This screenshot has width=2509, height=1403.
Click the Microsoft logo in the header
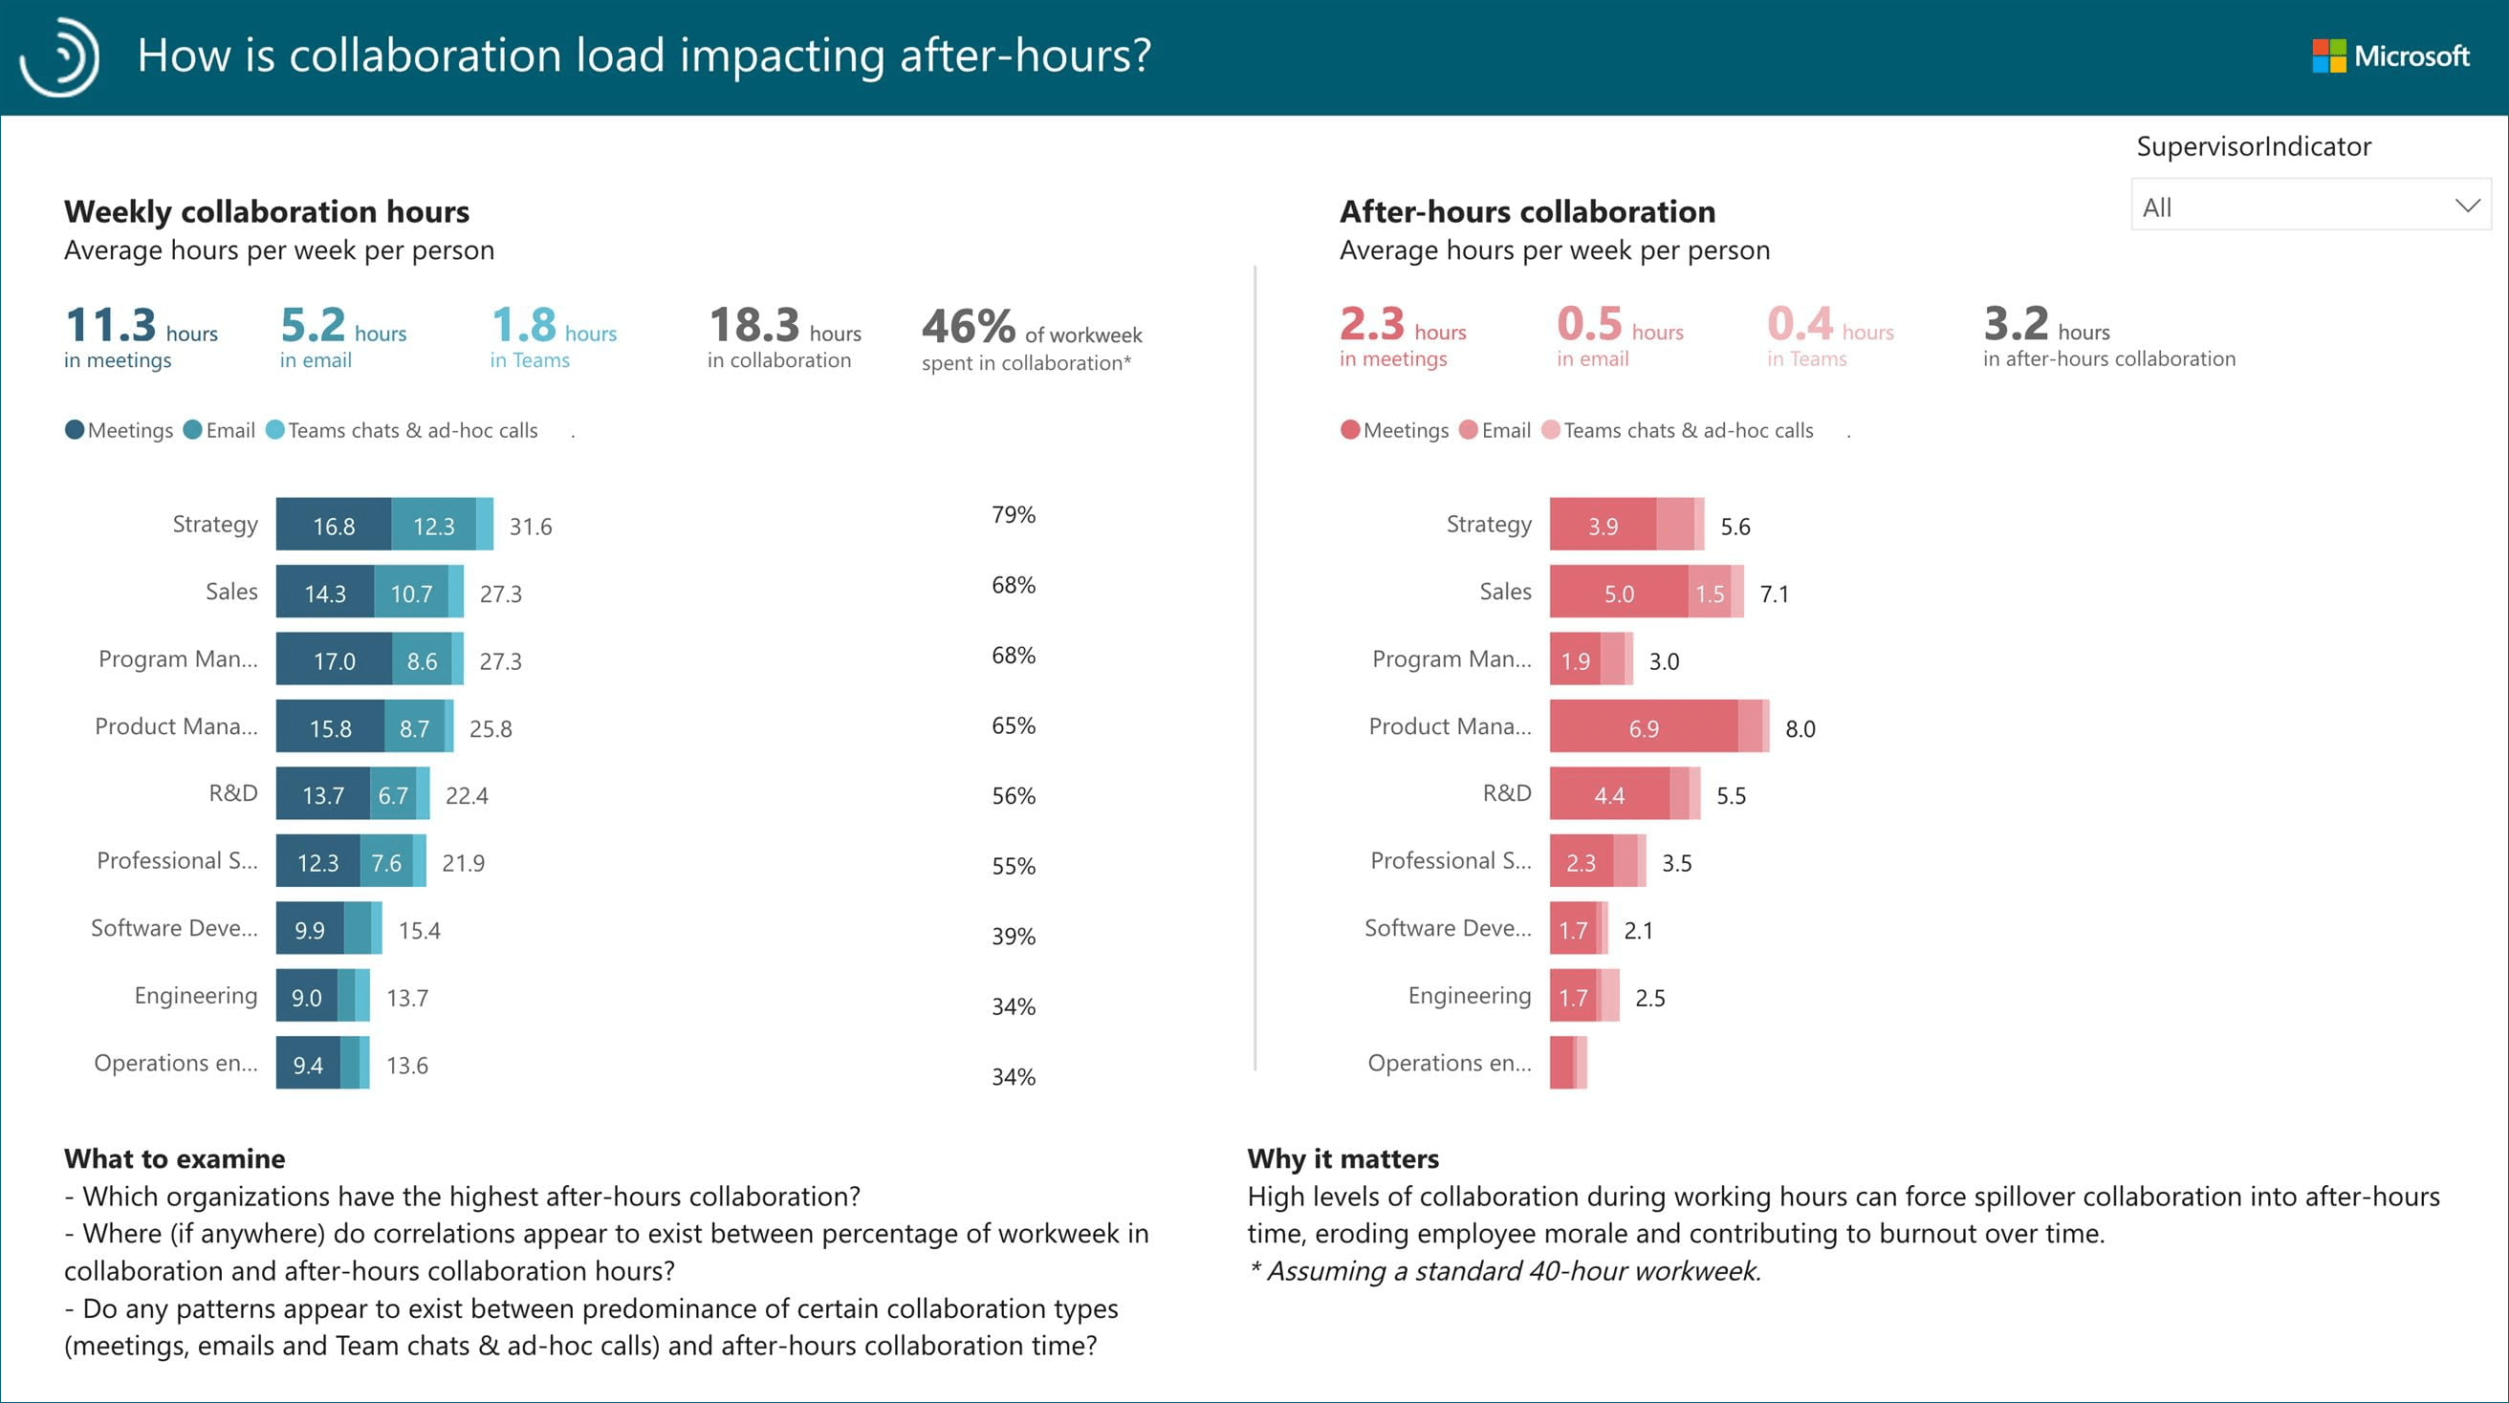pyautogui.click(x=2390, y=55)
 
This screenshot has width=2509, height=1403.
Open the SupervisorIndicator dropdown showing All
pyautogui.click(x=2309, y=206)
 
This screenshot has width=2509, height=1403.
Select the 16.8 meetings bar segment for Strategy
pyautogui.click(x=333, y=526)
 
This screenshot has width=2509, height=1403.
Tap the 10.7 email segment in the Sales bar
pyautogui.click(x=411, y=593)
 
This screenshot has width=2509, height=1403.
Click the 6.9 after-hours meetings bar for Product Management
pyautogui.click(x=1643, y=727)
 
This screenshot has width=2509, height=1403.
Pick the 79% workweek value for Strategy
pyautogui.click(x=1013, y=514)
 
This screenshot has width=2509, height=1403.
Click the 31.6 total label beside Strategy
pyautogui.click(x=530, y=527)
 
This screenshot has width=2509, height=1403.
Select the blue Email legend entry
pyautogui.click(x=220, y=430)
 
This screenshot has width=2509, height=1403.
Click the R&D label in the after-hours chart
pyautogui.click(x=1506, y=793)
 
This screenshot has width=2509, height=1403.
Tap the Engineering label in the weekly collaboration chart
pyautogui.click(x=196, y=995)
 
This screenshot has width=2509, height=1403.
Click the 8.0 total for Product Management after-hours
pyautogui.click(x=1800, y=728)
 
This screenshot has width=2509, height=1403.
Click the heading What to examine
pyautogui.click(x=174, y=1158)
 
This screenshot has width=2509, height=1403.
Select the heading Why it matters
pyautogui.click(x=1342, y=1158)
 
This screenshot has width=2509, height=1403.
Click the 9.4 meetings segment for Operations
pyautogui.click(x=308, y=1064)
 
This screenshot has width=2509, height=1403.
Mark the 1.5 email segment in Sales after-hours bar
pyautogui.click(x=1710, y=593)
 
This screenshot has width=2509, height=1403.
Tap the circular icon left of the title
pyautogui.click(x=60, y=56)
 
